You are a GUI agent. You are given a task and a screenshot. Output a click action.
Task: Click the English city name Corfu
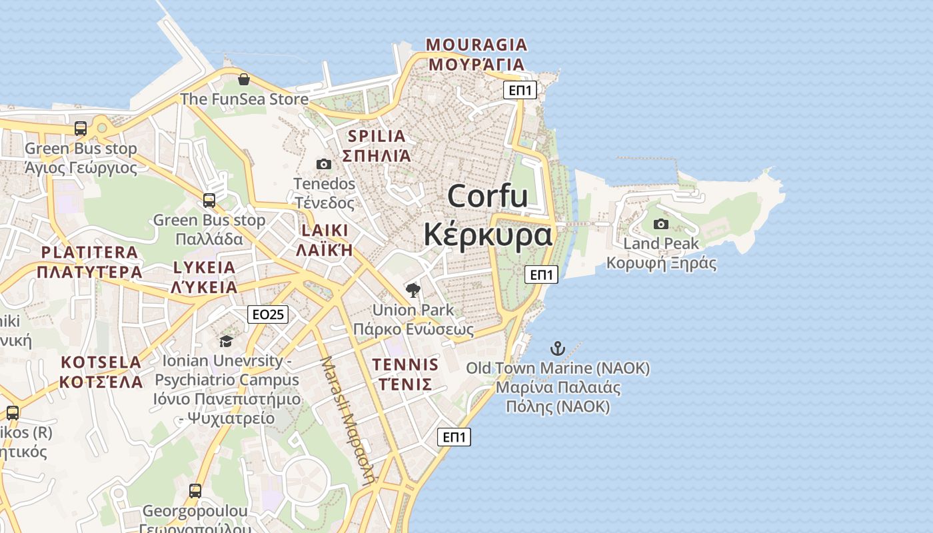pyautogui.click(x=488, y=197)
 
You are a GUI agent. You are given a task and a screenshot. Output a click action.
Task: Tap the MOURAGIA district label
pyautogui.click(x=476, y=45)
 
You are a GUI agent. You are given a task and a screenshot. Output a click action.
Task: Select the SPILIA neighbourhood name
pyautogui.click(x=377, y=137)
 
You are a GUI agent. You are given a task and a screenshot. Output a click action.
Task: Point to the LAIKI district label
pyautogui.click(x=325, y=231)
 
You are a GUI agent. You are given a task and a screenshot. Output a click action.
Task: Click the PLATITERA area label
pyautogui.click(x=89, y=253)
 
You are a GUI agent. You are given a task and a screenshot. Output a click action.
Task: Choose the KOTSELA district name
pyautogui.click(x=101, y=362)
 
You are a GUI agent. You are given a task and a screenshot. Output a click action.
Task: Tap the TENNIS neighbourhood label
pyautogui.click(x=405, y=365)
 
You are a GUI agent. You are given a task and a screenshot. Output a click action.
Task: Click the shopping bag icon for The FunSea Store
pyautogui.click(x=244, y=80)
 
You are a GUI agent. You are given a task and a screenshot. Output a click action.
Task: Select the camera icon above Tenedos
pyautogui.click(x=324, y=164)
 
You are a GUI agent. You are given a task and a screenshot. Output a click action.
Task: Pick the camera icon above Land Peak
pyautogui.click(x=661, y=224)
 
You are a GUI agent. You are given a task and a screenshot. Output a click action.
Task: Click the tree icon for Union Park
pyautogui.click(x=413, y=290)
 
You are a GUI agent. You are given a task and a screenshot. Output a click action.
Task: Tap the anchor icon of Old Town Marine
pyautogui.click(x=557, y=348)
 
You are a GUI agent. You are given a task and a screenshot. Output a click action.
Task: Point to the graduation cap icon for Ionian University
pyautogui.click(x=227, y=342)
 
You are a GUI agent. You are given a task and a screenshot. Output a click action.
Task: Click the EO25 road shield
pyautogui.click(x=268, y=314)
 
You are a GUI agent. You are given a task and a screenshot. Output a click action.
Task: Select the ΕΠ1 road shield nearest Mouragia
pyautogui.click(x=520, y=90)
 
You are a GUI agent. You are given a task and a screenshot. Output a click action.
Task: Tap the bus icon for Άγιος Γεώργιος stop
pyautogui.click(x=81, y=129)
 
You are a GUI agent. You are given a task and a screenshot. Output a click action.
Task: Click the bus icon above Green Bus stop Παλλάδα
pyautogui.click(x=209, y=201)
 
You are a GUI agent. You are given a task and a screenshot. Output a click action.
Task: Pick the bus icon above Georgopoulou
pyautogui.click(x=195, y=491)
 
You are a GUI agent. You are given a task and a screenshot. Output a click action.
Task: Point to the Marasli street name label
pyautogui.click(x=348, y=420)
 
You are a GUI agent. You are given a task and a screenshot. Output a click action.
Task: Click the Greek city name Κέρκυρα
pyautogui.click(x=488, y=235)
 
